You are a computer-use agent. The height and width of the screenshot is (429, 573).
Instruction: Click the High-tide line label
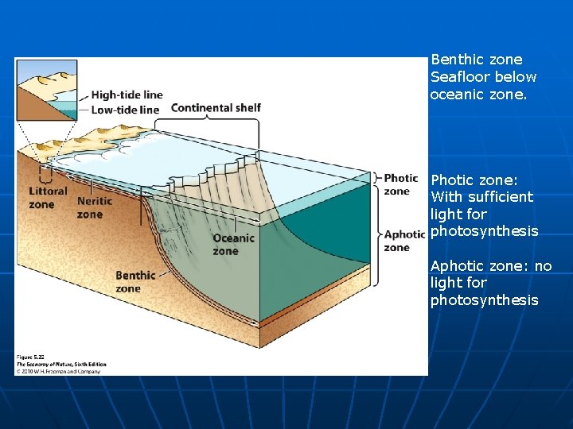127,95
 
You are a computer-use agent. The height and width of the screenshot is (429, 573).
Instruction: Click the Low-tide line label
126,110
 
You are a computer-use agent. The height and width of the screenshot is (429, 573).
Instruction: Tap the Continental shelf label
216,108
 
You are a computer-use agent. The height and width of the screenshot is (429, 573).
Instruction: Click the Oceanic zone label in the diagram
233,244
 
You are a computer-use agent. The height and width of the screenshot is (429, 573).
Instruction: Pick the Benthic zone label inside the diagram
135,281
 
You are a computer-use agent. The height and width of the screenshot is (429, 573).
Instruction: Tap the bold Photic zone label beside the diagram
400,184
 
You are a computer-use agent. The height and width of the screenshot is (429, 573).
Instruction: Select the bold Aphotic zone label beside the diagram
404,241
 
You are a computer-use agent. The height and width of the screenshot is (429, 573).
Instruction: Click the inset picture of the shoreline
47,89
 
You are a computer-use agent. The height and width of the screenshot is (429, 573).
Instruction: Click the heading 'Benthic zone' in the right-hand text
476,60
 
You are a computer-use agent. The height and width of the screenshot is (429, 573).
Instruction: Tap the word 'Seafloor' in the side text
459,77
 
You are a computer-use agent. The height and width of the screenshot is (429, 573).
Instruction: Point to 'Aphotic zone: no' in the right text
490,266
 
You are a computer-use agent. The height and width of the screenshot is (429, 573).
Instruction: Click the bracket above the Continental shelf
207,121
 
